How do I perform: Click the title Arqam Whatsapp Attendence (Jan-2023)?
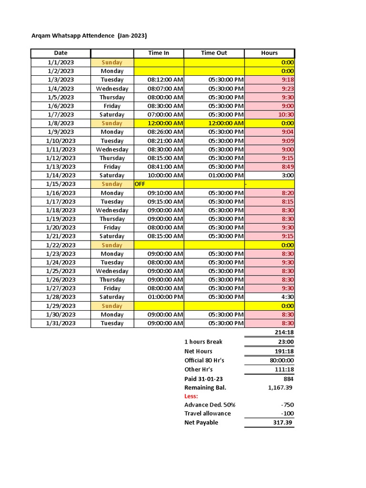(89, 36)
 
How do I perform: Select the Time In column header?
(159, 53)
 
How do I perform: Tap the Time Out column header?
(214, 53)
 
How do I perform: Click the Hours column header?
(269, 53)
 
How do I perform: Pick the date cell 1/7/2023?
(61, 114)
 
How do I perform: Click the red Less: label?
(191, 396)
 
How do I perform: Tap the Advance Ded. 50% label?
(210, 405)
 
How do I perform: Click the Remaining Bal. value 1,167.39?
(280, 387)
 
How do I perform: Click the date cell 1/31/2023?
(61, 323)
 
